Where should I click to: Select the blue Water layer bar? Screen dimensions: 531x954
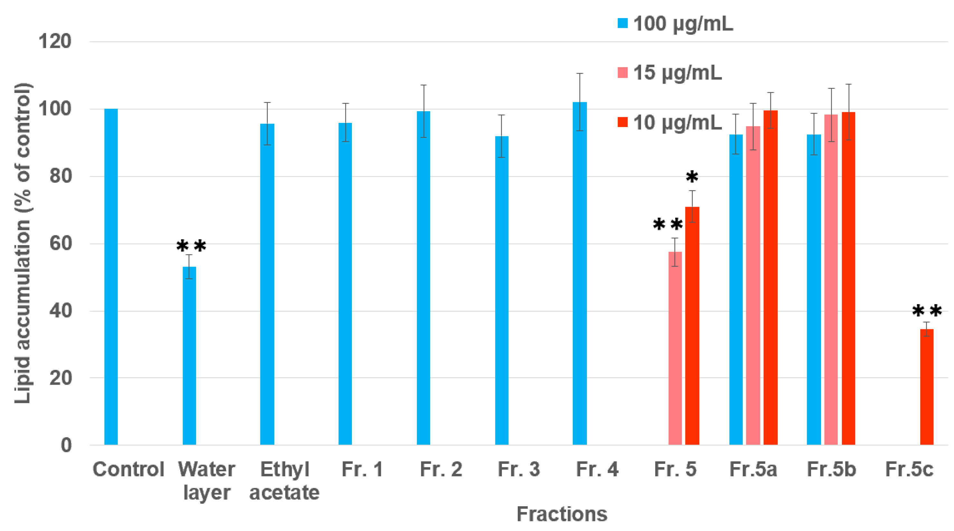pos(189,355)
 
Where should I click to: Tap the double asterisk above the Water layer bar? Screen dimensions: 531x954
pos(191,246)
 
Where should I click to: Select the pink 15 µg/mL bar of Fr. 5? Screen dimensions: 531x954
pos(675,348)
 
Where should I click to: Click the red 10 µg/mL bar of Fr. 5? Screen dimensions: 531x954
pos(692,325)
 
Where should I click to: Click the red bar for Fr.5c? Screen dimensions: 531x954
pos(927,387)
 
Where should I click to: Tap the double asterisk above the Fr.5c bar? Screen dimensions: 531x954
pos(927,310)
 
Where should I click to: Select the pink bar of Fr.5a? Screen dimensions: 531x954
pos(753,285)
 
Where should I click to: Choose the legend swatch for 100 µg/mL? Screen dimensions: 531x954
pos(623,23)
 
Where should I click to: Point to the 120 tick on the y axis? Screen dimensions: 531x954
pos(55,41)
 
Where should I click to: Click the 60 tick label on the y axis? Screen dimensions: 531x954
pos(60,243)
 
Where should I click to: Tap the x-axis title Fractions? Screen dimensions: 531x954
pos(562,514)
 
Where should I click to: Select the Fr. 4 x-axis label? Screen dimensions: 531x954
pos(597,469)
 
